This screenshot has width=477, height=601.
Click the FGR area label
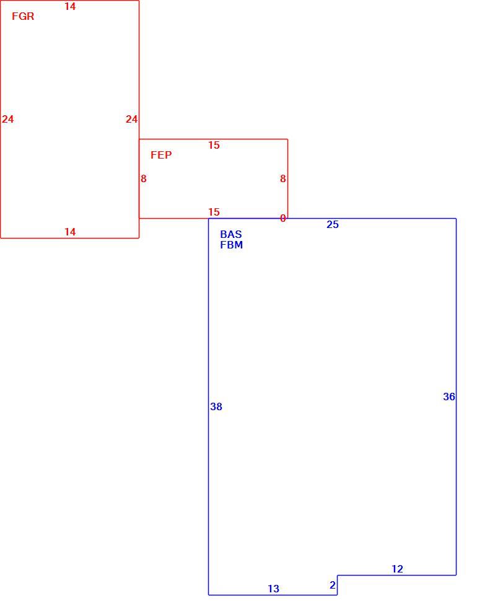pyautogui.click(x=23, y=16)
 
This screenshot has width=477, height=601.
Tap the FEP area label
pyautogui.click(x=161, y=155)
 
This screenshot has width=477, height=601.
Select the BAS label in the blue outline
pyautogui.click(x=231, y=234)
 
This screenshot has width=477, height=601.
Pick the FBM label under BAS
pyautogui.click(x=232, y=245)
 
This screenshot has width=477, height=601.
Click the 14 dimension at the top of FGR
pyautogui.click(x=70, y=7)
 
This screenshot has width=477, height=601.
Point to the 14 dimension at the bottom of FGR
pyautogui.click(x=70, y=232)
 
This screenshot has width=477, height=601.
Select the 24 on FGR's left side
pyautogui.click(x=7, y=119)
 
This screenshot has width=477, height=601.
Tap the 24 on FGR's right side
pyautogui.click(x=131, y=119)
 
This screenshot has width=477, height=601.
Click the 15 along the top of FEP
pyautogui.click(x=214, y=145)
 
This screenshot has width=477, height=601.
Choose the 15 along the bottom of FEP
pyautogui.click(x=214, y=212)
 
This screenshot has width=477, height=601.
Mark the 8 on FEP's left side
pyautogui.click(x=143, y=178)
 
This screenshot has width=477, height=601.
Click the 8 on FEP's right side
pyautogui.click(x=282, y=178)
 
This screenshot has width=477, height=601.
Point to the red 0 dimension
pyautogui.click(x=282, y=218)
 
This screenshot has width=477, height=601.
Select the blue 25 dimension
pyautogui.click(x=333, y=225)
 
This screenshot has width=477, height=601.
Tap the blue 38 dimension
pyautogui.click(x=216, y=406)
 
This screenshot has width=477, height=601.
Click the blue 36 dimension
pyautogui.click(x=449, y=397)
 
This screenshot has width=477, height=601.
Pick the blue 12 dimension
pyautogui.click(x=397, y=569)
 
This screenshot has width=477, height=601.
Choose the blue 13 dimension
pyautogui.click(x=273, y=589)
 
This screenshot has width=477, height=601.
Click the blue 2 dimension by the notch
pyautogui.click(x=333, y=586)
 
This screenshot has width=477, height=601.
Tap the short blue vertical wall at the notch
pyautogui.click(x=337, y=585)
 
